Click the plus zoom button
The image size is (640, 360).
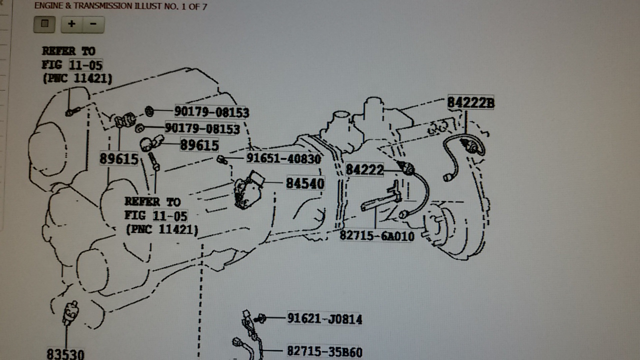71,24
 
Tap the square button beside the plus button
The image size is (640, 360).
44,24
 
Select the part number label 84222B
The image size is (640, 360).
470,102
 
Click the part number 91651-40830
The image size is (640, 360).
283,158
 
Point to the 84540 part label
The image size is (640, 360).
305,183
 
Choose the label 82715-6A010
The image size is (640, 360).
377,236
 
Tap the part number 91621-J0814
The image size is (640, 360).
324,318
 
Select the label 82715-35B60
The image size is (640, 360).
324,351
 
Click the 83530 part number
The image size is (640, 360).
65,354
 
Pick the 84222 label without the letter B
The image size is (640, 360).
364,169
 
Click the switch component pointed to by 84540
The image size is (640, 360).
248,190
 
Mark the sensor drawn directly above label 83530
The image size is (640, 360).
70,313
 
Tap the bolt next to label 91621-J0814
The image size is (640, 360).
260,318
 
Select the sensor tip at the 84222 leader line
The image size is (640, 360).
407,167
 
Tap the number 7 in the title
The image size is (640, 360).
204,6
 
